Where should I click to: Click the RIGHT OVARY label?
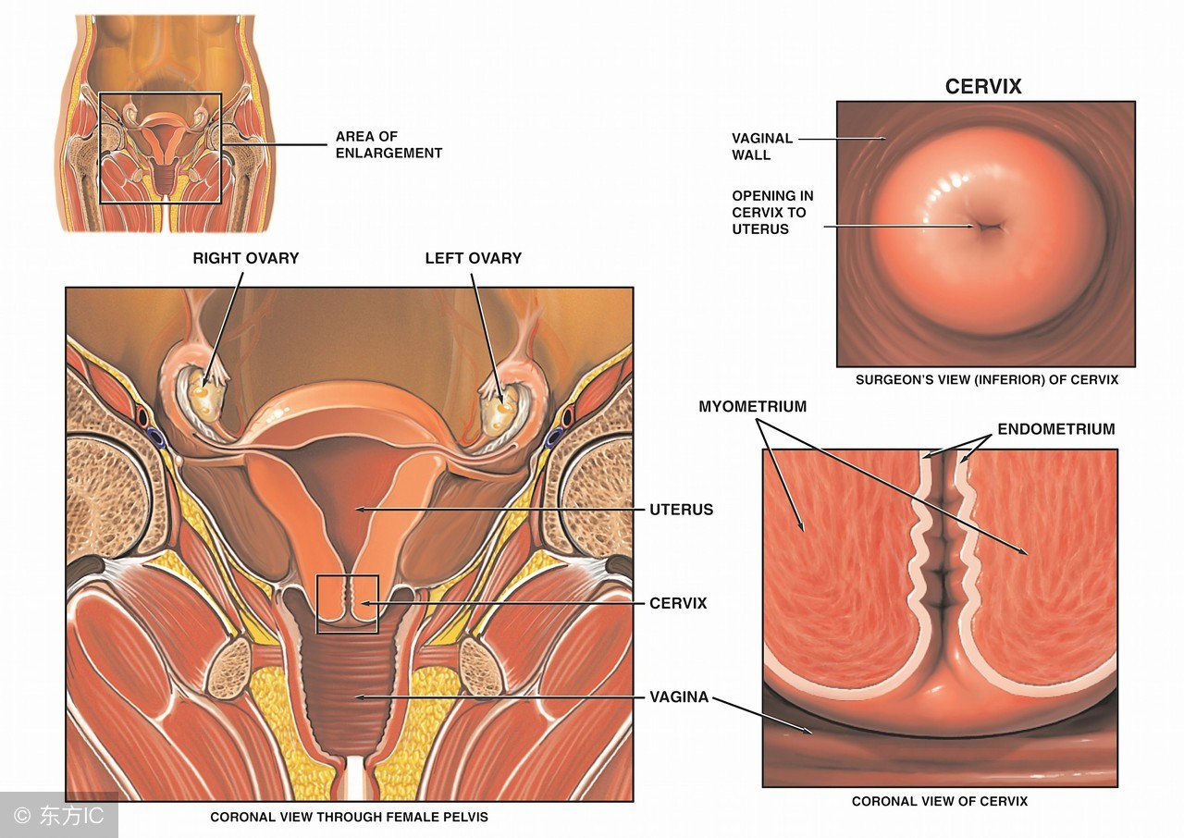[245, 258]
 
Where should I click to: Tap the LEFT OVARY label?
[473, 258]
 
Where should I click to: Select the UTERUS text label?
[682, 510]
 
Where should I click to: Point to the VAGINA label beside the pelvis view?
[678, 696]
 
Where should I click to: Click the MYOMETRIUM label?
[752, 407]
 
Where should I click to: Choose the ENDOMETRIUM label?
[1055, 429]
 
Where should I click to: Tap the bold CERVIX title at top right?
[983, 87]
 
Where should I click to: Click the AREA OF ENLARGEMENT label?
[388, 144]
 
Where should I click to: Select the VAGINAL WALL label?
[762, 146]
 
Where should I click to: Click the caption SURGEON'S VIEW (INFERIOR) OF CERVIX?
[986, 380]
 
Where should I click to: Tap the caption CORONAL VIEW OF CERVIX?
[939, 801]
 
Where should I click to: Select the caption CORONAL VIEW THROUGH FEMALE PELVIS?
[349, 817]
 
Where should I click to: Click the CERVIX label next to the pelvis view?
[678, 603]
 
